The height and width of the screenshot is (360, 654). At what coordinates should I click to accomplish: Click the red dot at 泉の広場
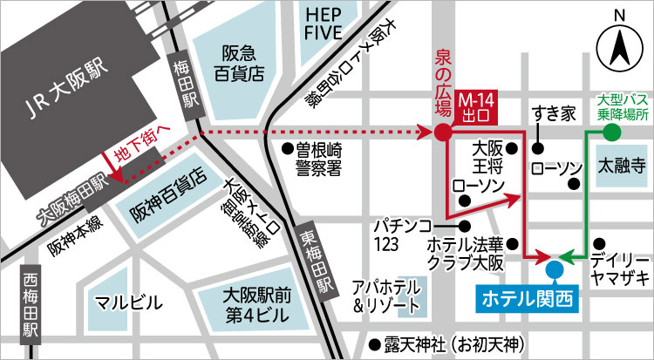[x=442, y=132]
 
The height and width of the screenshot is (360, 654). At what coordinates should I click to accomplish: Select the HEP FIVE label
[x=324, y=24]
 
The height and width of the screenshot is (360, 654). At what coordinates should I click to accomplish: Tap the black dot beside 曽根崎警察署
[x=287, y=147]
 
